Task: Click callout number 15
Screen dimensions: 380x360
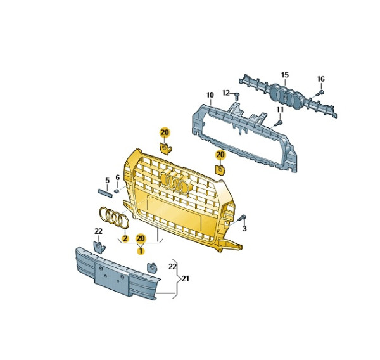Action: tap(285, 75)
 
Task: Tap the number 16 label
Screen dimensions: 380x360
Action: tap(320, 79)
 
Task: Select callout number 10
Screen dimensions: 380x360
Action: tap(210, 95)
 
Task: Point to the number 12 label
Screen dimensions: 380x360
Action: tap(226, 93)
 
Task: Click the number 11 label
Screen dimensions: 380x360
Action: tap(280, 110)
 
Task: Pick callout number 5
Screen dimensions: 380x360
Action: tap(108, 181)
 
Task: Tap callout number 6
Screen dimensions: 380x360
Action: tap(118, 177)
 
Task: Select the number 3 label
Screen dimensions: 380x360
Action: tap(244, 229)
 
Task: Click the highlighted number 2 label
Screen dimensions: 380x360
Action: tap(125, 239)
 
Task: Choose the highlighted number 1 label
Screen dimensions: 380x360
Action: tap(141, 251)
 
